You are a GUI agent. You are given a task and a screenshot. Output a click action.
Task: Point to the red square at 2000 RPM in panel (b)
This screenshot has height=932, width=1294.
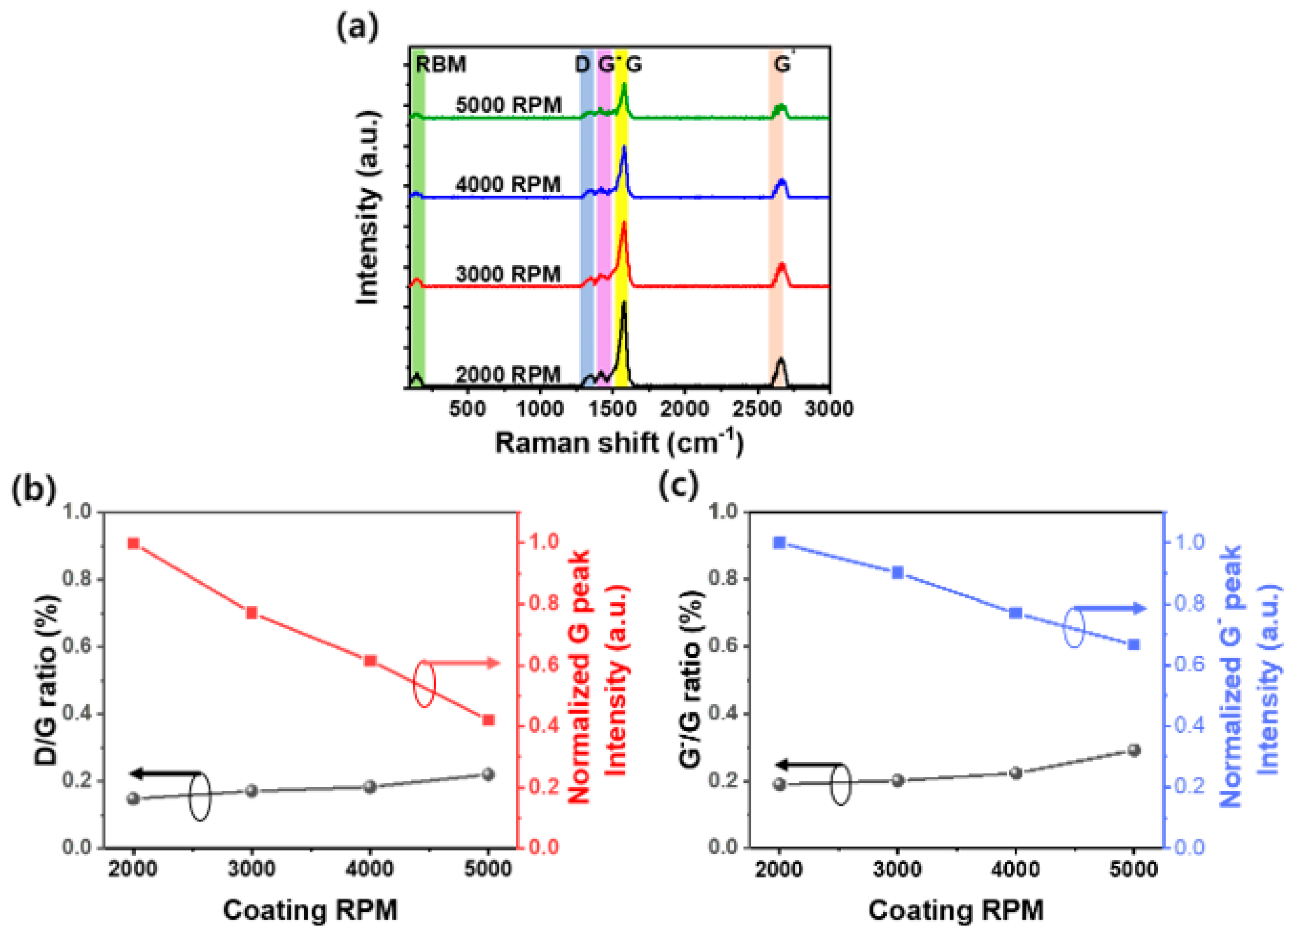point(133,543)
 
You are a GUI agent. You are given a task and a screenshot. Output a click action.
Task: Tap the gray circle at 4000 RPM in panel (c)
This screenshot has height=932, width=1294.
point(1015,773)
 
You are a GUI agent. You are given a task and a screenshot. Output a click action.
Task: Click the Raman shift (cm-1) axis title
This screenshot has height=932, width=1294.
point(619,443)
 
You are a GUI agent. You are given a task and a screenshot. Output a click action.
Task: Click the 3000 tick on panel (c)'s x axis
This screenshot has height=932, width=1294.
point(897,869)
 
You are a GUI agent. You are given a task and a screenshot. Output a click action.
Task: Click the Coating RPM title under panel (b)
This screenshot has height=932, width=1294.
point(310,910)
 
